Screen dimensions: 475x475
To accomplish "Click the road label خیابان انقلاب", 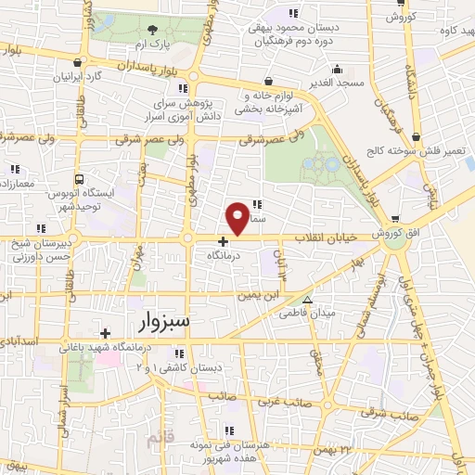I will tap(326, 238).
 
